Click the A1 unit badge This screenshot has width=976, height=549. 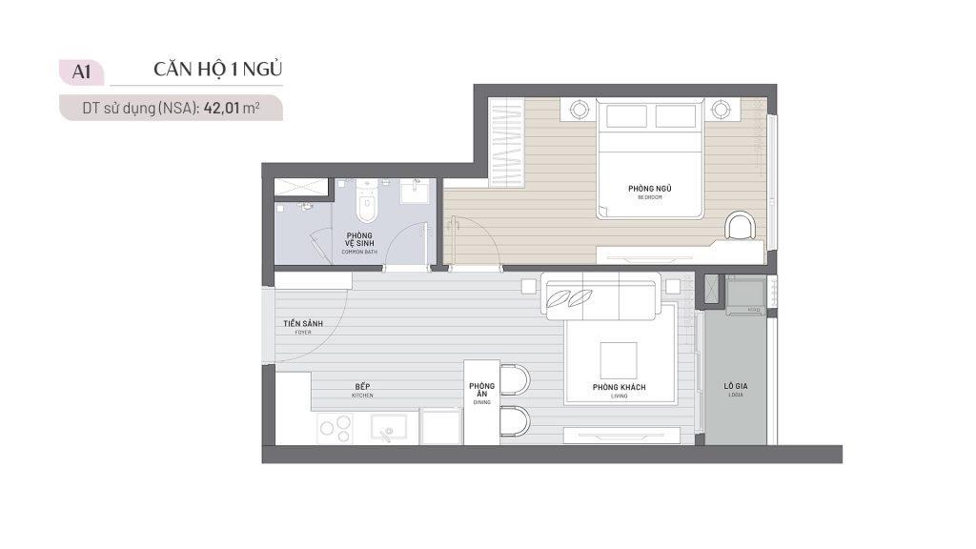(x=81, y=71)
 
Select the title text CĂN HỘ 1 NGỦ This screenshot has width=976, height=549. (x=218, y=70)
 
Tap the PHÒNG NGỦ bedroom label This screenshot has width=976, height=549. (x=644, y=191)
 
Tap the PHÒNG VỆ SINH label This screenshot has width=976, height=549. (x=359, y=240)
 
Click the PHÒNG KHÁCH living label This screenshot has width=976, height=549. (x=620, y=388)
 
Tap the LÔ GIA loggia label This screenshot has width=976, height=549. (x=735, y=388)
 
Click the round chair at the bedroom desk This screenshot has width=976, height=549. (x=742, y=227)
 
